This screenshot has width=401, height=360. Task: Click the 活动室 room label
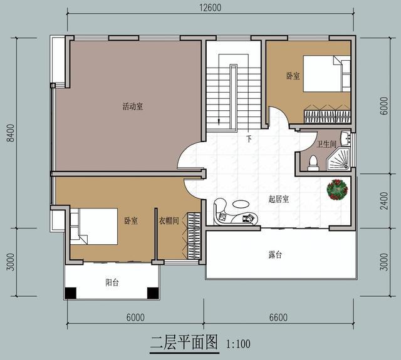132,106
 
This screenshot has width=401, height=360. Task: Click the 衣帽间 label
169,220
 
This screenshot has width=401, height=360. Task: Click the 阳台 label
112,282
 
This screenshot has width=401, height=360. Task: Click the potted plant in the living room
336,188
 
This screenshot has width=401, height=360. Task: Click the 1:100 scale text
239,344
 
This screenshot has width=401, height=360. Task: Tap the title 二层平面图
183,342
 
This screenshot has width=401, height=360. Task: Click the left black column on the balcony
71,292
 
